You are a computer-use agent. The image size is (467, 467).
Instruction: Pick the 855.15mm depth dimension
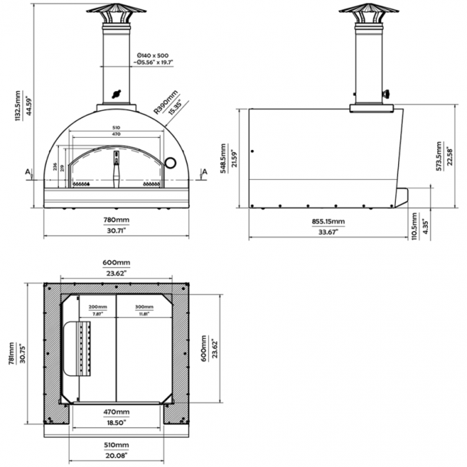point(328,221)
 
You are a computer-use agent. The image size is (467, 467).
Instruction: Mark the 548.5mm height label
point(223,159)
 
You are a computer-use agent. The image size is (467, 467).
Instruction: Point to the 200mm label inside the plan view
point(97,306)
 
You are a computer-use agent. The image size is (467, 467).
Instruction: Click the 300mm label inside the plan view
point(143,306)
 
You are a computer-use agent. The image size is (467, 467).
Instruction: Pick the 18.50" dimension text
point(117,422)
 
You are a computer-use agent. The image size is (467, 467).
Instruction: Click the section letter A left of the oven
point(28,172)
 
